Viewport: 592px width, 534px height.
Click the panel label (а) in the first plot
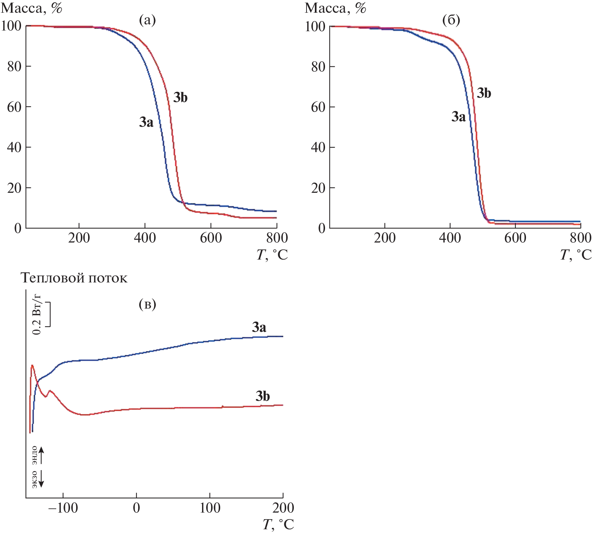click(x=147, y=20)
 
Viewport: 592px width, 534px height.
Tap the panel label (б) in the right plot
click(x=451, y=20)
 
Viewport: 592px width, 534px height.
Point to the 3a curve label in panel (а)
click(x=146, y=122)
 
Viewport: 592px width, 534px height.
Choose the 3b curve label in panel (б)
click(x=484, y=93)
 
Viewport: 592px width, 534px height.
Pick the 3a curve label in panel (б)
click(x=459, y=117)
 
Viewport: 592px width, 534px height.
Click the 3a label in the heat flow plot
click(x=259, y=327)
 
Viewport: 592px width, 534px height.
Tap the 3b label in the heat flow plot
click(x=263, y=396)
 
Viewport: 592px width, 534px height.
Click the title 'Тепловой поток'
click(x=74, y=278)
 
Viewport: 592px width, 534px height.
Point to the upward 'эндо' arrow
click(x=41, y=455)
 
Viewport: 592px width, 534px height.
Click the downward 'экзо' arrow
click(x=41, y=479)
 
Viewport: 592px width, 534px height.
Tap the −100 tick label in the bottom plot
click(x=63, y=508)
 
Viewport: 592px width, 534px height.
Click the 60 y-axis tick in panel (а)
click(x=14, y=107)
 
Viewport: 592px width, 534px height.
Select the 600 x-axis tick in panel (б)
click(x=515, y=238)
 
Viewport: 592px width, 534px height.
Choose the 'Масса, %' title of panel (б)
click(x=336, y=8)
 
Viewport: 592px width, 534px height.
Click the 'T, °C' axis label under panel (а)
click(x=272, y=255)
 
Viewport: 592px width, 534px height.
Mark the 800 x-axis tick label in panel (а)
click(x=277, y=238)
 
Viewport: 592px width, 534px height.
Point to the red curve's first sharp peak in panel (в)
click(x=32, y=365)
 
